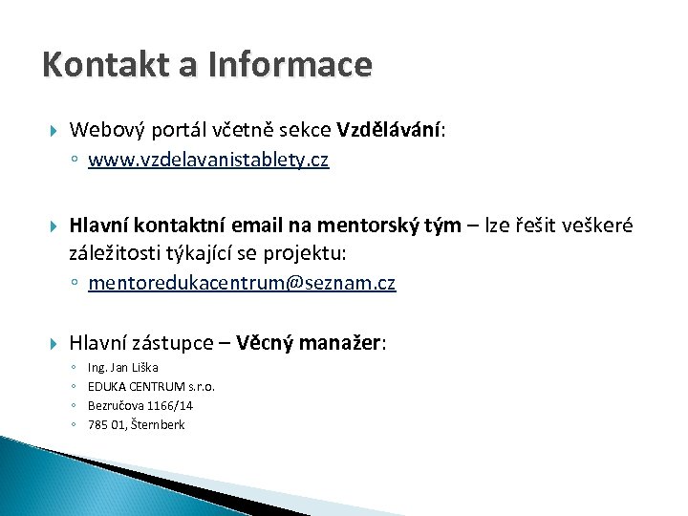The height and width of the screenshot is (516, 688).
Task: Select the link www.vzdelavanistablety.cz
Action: pos(208,161)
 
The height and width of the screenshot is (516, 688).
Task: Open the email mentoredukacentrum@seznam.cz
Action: pos(242,284)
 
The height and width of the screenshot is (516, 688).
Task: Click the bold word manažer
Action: pos(345,342)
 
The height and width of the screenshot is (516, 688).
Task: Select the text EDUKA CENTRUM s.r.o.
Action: pos(151,387)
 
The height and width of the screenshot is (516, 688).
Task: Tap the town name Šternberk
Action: pos(160,425)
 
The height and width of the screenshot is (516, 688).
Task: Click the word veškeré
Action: pos(599,226)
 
